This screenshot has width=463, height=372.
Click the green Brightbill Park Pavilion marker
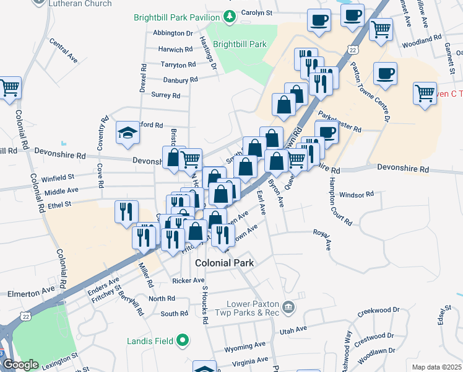tap(230, 16)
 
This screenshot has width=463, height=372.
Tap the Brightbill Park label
tap(240, 44)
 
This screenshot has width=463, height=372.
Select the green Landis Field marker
tap(182, 340)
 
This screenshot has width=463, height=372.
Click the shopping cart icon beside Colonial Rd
tap(9, 87)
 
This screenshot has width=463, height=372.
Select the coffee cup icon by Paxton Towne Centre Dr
tap(385, 74)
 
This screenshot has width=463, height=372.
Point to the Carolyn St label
tap(257, 12)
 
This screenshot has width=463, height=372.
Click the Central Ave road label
tap(63, 52)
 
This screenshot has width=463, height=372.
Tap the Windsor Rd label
tap(361, 194)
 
